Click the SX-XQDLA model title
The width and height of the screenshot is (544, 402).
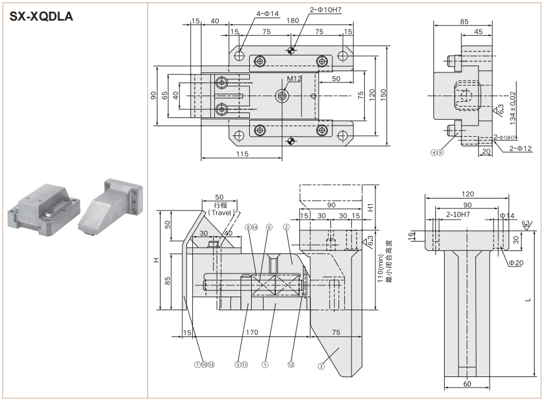(x=42, y=16)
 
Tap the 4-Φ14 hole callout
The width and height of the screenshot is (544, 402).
(x=267, y=12)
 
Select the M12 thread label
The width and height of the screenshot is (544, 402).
(x=294, y=79)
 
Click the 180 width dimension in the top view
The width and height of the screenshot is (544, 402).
(x=292, y=21)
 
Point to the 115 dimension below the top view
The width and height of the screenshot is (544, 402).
(x=242, y=154)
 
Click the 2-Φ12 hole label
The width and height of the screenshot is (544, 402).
(x=522, y=149)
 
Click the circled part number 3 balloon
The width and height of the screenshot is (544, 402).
(x=321, y=367)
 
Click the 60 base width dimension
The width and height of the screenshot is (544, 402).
(x=467, y=384)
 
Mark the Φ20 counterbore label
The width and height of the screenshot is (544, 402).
(x=516, y=263)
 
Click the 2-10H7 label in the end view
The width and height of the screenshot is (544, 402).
(x=458, y=215)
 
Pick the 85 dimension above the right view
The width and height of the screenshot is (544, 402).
(x=463, y=21)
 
